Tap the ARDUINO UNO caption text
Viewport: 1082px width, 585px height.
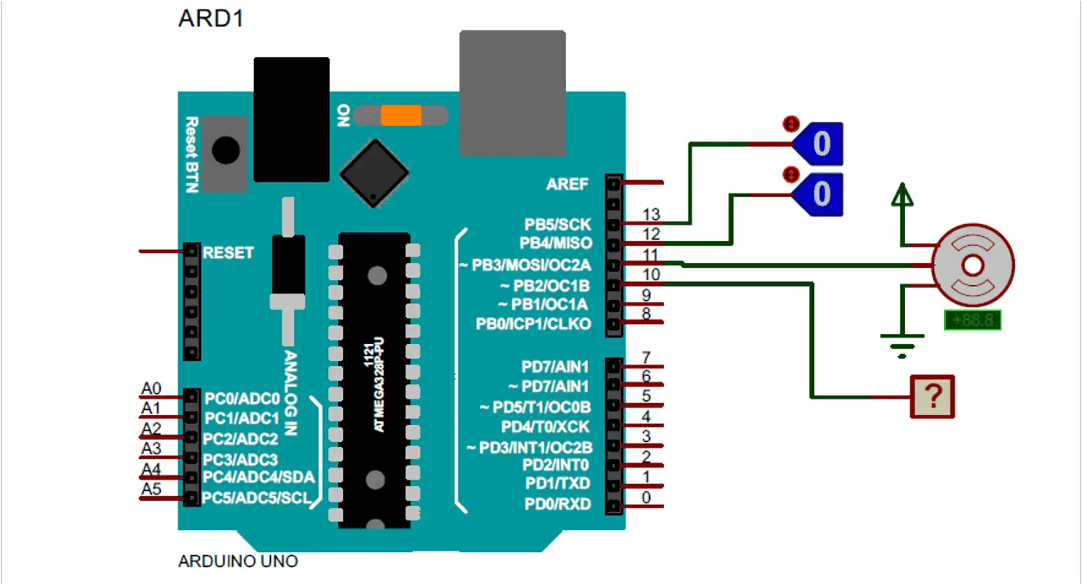coord(238,561)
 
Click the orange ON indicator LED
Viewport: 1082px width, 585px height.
coord(401,115)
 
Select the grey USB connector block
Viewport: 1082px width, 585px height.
coord(512,92)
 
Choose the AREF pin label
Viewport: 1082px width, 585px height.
coord(567,184)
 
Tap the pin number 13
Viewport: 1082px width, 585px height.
coord(651,215)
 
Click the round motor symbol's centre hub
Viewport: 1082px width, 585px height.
coord(973,265)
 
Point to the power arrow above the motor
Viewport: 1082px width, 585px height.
coord(902,196)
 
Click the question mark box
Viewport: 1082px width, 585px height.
coord(933,397)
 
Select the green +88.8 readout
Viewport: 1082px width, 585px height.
coord(972,320)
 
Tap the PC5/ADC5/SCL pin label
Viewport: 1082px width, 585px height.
coord(256,497)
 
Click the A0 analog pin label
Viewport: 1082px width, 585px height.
coord(151,388)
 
